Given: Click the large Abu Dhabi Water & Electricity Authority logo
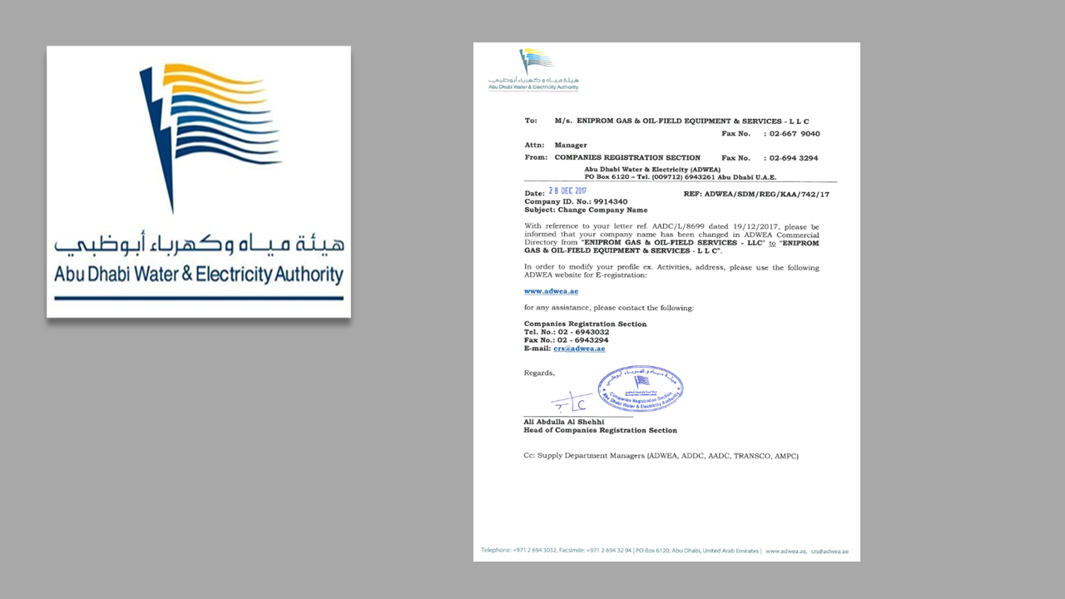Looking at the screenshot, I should pyautogui.click(x=198, y=181).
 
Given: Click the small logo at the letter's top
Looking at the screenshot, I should pyautogui.click(x=534, y=69).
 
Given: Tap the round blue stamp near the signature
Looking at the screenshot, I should pyautogui.click(x=651, y=389).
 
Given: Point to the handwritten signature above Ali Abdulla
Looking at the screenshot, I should pyautogui.click(x=572, y=403).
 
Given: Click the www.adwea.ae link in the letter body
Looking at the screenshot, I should pyautogui.click(x=551, y=291).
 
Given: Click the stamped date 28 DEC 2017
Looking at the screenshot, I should pyautogui.click(x=573, y=192).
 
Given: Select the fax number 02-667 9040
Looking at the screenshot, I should pyautogui.click(x=794, y=133).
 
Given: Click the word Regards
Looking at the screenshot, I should pyautogui.click(x=538, y=373).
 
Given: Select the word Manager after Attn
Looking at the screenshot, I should pyautogui.click(x=571, y=145).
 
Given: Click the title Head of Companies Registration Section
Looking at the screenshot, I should pyautogui.click(x=600, y=430).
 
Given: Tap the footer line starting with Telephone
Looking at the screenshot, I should pyautogui.click(x=620, y=551).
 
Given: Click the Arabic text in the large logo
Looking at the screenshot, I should pyautogui.click(x=198, y=245).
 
